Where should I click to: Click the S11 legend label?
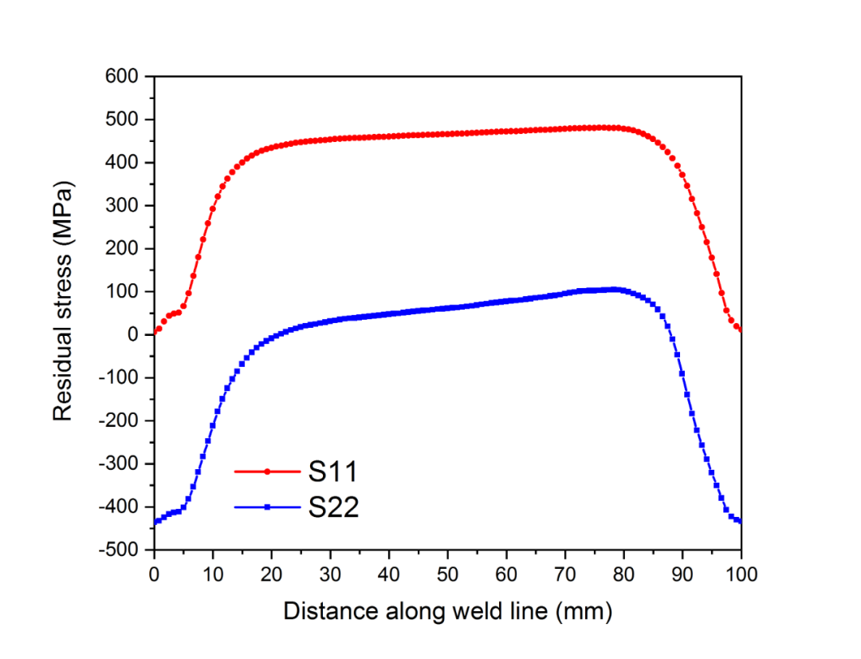click(x=333, y=472)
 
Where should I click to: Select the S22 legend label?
click(x=333, y=507)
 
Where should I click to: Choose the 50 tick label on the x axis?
click(x=448, y=574)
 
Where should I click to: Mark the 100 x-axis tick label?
click(x=741, y=574)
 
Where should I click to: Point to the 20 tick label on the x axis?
click(x=272, y=574)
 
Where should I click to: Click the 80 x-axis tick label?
click(x=624, y=574)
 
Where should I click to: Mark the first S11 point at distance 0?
click(x=155, y=332)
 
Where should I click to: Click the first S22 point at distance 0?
click(x=155, y=522)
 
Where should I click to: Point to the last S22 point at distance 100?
click(x=741, y=521)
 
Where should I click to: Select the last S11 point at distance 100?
click(x=741, y=329)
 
